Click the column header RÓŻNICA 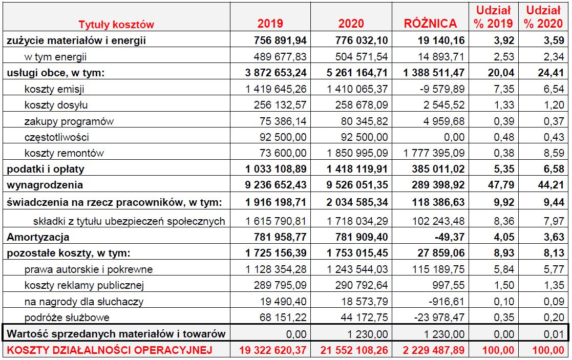tap(430, 24)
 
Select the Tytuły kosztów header tap(116, 24)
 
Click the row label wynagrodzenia tap(45, 184)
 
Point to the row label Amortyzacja tap(38, 237)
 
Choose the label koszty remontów tap(64, 153)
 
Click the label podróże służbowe tap(67, 317)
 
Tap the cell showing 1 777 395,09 tap(434, 153)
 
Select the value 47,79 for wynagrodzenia tap(500, 184)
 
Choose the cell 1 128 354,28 tap(274, 269)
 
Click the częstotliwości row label tap(57, 137)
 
